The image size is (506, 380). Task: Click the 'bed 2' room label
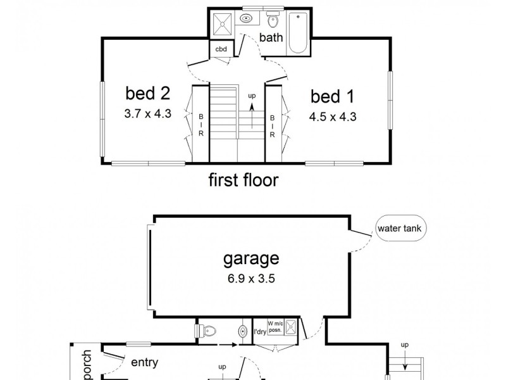(148, 94)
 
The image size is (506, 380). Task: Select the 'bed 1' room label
(333, 97)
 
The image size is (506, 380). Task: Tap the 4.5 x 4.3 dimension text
(333, 117)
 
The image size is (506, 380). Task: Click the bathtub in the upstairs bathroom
(297, 32)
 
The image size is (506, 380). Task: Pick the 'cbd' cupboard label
(221, 49)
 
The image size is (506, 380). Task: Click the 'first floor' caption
(244, 181)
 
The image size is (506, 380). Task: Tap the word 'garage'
(250, 258)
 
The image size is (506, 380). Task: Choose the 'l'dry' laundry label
(259, 331)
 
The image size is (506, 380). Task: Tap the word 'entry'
(144, 363)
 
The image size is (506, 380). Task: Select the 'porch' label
(87, 364)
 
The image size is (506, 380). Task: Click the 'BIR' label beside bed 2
(201, 125)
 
